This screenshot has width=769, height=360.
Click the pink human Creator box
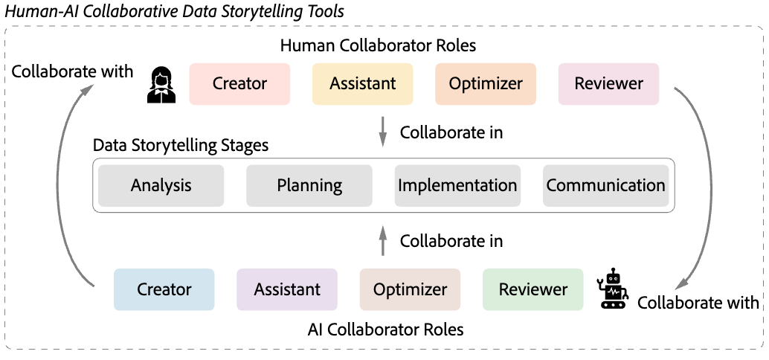[239, 83]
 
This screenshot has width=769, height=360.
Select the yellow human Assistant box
[362, 83]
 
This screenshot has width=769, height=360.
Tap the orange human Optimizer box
[486, 83]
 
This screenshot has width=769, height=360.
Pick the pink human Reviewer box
[608, 83]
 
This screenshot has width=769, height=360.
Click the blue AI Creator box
[164, 289]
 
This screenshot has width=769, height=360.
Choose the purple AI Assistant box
[287, 289]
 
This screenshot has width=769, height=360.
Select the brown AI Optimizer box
[410, 289]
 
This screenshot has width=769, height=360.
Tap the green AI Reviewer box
[532, 289]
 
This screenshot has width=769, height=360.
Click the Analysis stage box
[161, 185]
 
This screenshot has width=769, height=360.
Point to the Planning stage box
[309, 185]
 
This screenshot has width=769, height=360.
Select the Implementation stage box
[457, 185]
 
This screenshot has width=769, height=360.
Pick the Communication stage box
[605, 185]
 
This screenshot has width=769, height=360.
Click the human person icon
[161, 84]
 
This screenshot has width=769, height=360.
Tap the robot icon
[613, 289]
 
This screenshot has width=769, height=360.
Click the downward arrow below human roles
[383, 131]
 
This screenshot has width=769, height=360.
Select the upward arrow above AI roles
[383, 240]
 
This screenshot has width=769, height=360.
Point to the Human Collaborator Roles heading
[378, 45]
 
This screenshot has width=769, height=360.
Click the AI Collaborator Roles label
[385, 329]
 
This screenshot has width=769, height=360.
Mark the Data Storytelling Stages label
[180, 145]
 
